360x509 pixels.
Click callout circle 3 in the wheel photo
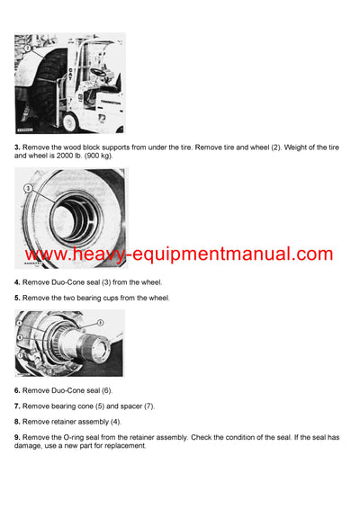29,190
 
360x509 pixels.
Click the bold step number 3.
17,147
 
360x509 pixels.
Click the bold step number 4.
17,282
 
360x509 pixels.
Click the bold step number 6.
17,391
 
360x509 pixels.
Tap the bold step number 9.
17,436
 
